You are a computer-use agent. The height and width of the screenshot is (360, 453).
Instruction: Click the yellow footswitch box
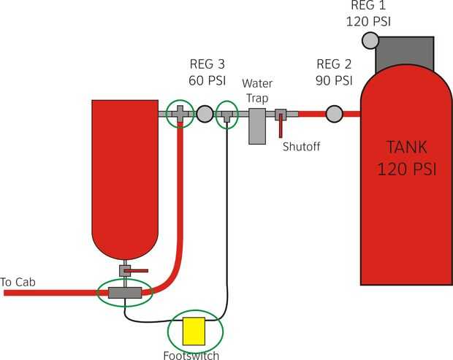tap(194, 331)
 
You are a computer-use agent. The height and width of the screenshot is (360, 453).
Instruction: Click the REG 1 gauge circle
tap(370, 39)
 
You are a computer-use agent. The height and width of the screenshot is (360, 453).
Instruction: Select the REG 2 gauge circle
tap(334, 113)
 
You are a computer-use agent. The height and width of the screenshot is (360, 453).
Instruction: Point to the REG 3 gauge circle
tap(205, 113)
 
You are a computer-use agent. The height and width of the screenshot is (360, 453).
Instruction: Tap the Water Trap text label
tap(257, 90)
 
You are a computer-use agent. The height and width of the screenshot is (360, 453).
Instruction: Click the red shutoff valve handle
tap(280, 126)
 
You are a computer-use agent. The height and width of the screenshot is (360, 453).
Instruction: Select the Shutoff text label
tap(302, 146)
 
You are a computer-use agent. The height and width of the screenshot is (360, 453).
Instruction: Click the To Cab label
tap(18, 282)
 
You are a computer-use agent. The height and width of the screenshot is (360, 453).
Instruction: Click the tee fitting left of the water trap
tap(227, 115)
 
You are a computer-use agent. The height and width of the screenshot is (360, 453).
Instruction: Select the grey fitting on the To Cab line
tap(124, 293)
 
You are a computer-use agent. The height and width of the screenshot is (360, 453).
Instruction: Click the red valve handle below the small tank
tap(137, 270)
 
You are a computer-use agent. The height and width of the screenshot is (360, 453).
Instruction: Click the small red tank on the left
tap(125, 175)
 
